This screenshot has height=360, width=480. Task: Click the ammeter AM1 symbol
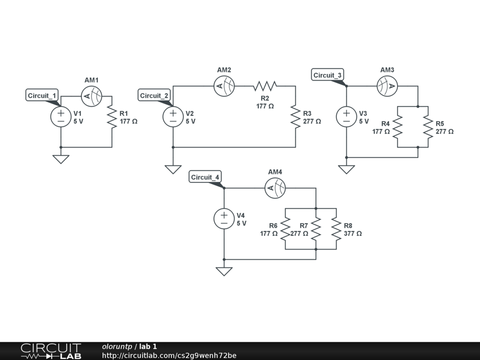(x=92, y=96)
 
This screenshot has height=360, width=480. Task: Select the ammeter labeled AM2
(x=224, y=86)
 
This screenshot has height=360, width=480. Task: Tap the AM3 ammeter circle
(x=387, y=86)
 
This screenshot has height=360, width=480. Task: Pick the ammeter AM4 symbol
(x=275, y=188)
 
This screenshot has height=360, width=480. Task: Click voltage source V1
(x=61, y=117)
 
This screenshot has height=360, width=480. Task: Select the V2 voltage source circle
(x=173, y=117)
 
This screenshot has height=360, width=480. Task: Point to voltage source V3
(x=346, y=117)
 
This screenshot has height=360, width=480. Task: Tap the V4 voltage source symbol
(x=224, y=219)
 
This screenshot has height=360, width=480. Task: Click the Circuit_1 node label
(x=42, y=96)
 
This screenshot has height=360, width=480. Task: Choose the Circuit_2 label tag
(x=154, y=96)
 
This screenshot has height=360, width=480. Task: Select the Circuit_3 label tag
(x=328, y=75)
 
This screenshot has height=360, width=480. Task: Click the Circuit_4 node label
(x=205, y=177)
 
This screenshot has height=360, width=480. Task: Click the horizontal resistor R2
(x=265, y=86)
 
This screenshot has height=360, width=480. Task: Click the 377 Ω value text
(x=352, y=233)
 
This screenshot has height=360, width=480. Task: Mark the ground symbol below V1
(x=61, y=159)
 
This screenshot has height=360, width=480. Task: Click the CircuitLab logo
(x=51, y=351)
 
